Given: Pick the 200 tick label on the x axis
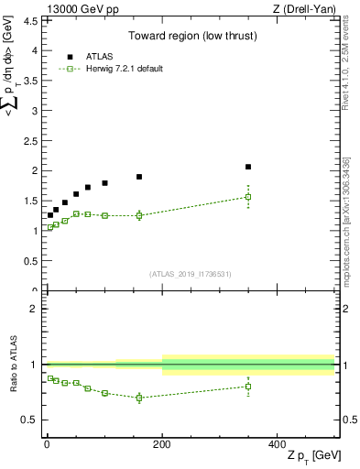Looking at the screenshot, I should click(162, 443).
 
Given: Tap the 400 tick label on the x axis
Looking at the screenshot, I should click(278, 443).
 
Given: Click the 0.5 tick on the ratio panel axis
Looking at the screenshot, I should click(31, 420).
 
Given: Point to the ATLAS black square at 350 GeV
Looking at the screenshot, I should click(248, 167).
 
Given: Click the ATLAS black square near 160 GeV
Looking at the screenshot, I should click(139, 177).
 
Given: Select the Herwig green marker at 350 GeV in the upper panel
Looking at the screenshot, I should click(248, 197).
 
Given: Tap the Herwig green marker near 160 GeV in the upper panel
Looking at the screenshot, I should click(139, 215).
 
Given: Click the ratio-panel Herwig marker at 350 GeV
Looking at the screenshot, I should click(248, 387).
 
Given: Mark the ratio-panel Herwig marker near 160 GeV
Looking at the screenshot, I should click(139, 398).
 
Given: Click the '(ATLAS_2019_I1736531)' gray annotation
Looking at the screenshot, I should click(191, 274).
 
